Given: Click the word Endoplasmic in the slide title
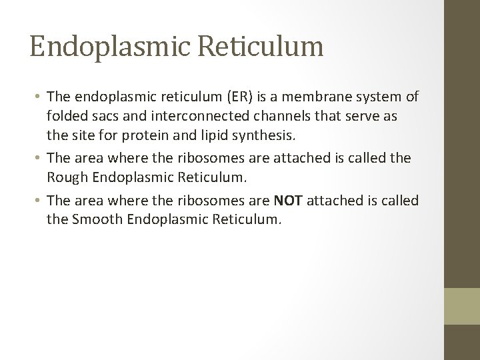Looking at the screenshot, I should pyautogui.click(x=110, y=47).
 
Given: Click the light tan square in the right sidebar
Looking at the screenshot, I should pyautogui.click(x=462, y=305).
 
